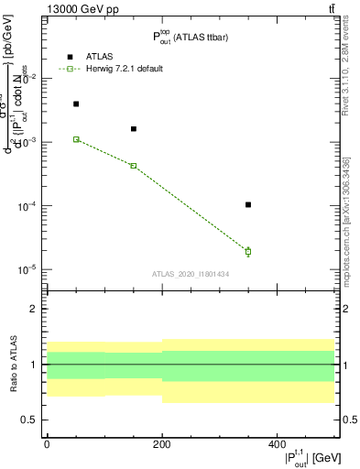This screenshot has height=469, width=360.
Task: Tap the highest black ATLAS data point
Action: [x=76, y=104]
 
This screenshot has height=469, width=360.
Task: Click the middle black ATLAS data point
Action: [x=134, y=129]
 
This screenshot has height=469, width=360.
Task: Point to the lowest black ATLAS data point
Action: [x=248, y=205]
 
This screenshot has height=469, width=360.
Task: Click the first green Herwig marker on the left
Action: [x=76, y=139]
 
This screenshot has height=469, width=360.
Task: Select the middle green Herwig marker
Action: [x=134, y=166]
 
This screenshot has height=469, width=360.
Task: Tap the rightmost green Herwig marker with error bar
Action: [x=248, y=251]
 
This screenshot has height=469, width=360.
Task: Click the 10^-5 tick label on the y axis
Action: [x=27, y=270]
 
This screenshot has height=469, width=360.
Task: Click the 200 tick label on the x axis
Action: [x=161, y=443]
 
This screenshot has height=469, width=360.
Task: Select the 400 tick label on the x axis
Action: [x=276, y=443]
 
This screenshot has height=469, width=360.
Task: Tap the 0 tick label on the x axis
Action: [x=47, y=443]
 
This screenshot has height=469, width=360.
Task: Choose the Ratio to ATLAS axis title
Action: [x=13, y=365]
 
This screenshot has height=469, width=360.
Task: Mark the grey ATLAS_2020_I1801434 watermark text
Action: [x=191, y=273]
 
